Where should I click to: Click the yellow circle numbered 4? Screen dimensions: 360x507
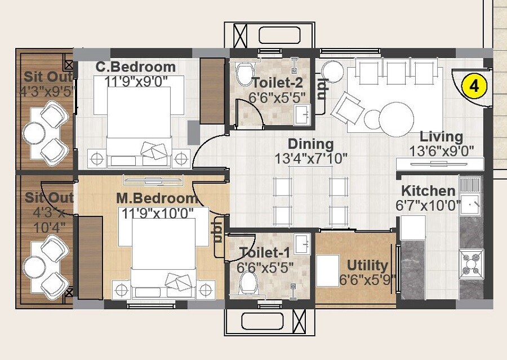tap(474, 86)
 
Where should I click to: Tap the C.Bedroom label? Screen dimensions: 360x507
tap(136, 67)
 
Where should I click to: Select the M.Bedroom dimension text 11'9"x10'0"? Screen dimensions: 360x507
tap(158, 212)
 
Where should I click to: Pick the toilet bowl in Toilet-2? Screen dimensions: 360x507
tap(244, 74)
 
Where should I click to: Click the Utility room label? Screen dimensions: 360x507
tap(367, 265)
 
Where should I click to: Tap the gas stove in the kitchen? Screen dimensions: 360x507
tap(472, 261)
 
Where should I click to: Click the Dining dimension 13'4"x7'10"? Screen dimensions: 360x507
tap(310, 158)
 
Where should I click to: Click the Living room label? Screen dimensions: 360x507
tap(441, 137)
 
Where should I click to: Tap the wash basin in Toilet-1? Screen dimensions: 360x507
tap(302, 244)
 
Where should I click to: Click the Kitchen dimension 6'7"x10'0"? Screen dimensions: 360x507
tap(429, 205)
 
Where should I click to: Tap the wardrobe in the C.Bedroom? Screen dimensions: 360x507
tap(212, 90)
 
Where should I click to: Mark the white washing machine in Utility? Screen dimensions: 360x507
tap(327, 270)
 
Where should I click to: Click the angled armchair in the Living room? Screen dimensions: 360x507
tap(348, 109)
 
